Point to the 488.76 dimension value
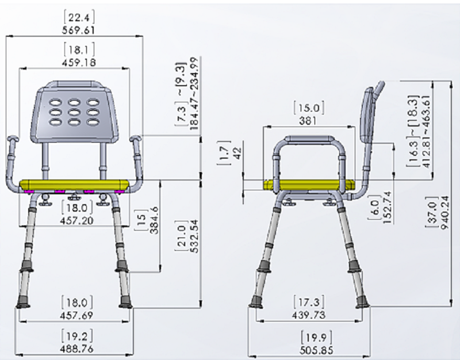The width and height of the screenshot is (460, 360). point(75,348)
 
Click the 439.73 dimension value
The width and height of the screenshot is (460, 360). point(309,315)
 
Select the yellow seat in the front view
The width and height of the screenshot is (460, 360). point(75,185)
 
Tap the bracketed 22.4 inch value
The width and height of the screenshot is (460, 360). point(75,17)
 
